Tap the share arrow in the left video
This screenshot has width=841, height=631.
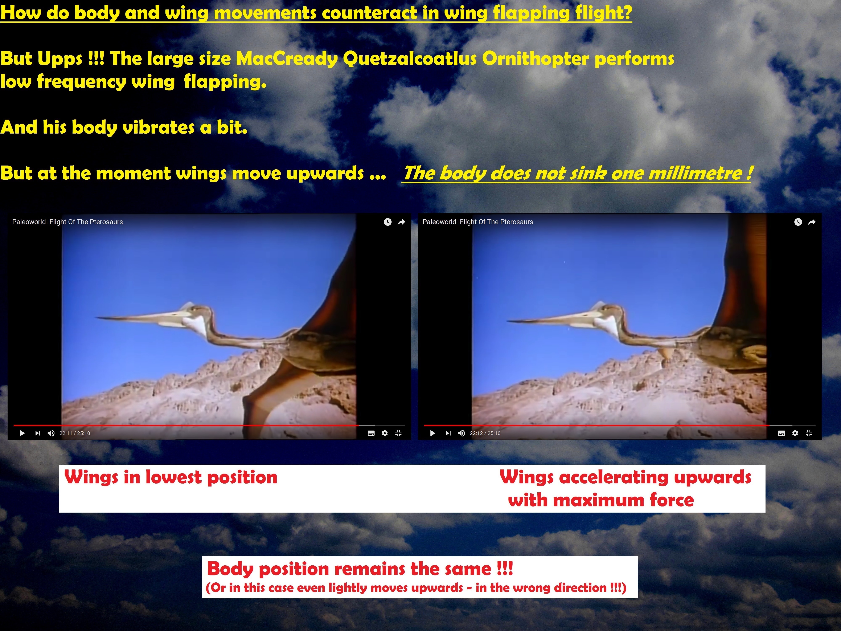pyautogui.click(x=401, y=222)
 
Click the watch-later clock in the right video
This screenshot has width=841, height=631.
pyautogui.click(x=798, y=222)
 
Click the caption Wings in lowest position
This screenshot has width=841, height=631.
pyautogui.click(x=171, y=477)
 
